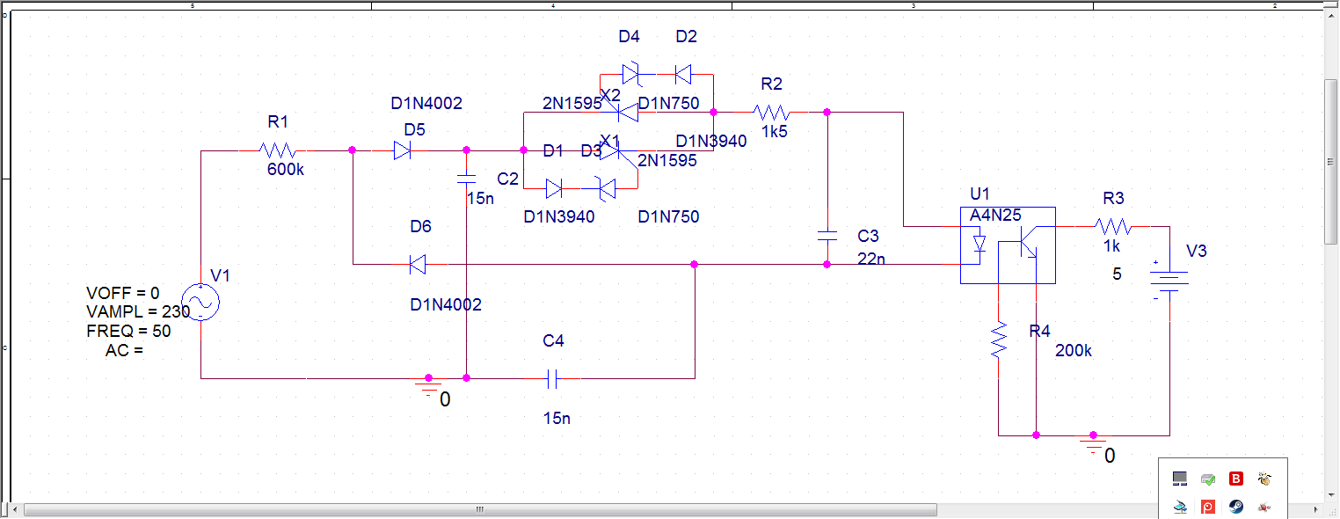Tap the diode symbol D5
click(403, 150)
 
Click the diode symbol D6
click(419, 263)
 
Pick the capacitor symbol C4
click(552, 378)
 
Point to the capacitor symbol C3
click(827, 236)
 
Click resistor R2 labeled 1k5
click(772, 113)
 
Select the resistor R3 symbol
click(1114, 226)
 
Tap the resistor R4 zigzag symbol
click(999, 340)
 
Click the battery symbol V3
click(1170, 281)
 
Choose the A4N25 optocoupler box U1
click(1007, 245)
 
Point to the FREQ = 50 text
click(128, 331)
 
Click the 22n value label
click(870, 258)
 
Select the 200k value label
click(1074, 351)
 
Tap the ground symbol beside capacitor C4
click(429, 388)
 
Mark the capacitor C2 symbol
click(466, 179)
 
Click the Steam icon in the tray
click(1236, 507)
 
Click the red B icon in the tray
click(1236, 479)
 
